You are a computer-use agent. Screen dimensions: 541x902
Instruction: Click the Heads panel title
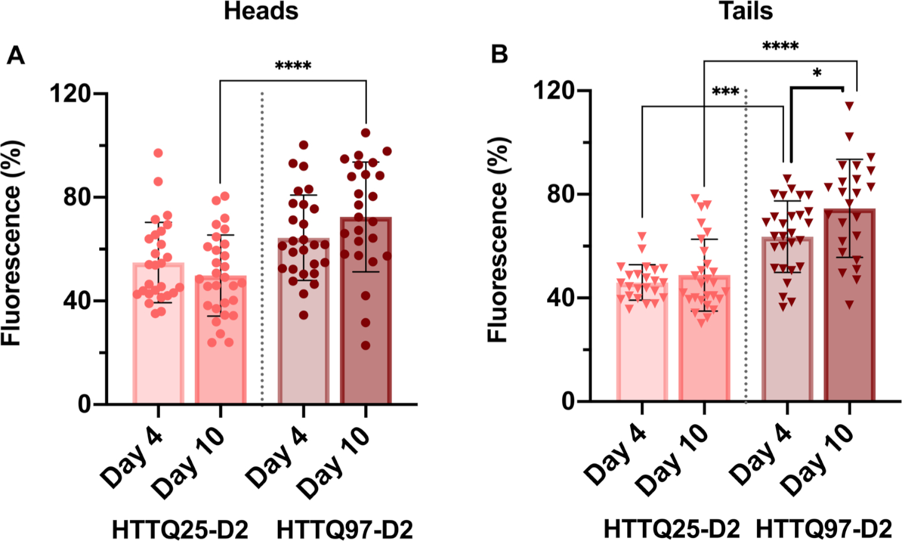pyautogui.click(x=261, y=11)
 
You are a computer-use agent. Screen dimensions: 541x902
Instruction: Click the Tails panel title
pyautogui.click(x=746, y=11)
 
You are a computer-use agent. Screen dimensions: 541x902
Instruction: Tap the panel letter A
pyautogui.click(x=16, y=56)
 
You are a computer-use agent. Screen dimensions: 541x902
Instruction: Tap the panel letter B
pyautogui.click(x=499, y=55)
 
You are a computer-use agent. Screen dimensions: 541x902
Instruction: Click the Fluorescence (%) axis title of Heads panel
pyautogui.click(x=12, y=243)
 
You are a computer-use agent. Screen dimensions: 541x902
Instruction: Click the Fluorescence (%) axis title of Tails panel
pyautogui.click(x=498, y=240)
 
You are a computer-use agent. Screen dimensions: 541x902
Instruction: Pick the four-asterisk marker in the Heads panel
pyautogui.click(x=293, y=66)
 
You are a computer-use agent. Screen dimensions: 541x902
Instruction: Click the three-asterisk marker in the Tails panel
pyautogui.click(x=725, y=92)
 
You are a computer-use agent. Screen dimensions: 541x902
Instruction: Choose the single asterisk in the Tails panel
pyautogui.click(x=817, y=73)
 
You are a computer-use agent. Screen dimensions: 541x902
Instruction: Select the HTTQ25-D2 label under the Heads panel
pyautogui.click(x=180, y=530)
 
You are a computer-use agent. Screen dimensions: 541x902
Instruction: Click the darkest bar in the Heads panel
pyautogui.click(x=366, y=313)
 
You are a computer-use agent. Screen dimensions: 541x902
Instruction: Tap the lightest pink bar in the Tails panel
pyautogui.click(x=642, y=343)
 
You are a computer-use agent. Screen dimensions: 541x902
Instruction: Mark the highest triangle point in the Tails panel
pyautogui.click(x=849, y=106)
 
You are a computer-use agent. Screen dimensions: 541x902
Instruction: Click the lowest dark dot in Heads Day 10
pyautogui.click(x=366, y=346)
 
